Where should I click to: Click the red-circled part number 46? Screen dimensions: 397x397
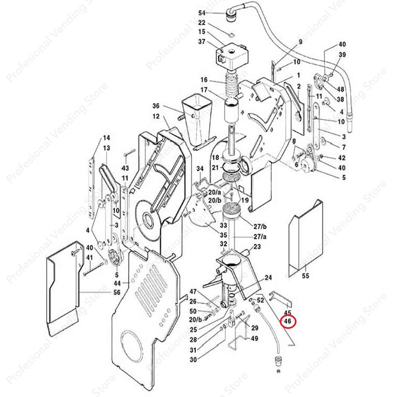tap(288, 321)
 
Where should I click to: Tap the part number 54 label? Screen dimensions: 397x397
tap(202, 13)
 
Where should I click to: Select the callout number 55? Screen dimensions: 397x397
tap(306, 276)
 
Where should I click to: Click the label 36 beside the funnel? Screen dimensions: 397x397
tap(156, 106)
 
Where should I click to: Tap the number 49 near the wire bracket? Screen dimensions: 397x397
tap(254, 339)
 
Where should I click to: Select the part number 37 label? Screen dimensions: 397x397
tap(202, 42)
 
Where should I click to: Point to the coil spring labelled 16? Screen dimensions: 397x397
tap(232, 88)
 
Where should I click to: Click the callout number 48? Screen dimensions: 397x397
tap(341, 89)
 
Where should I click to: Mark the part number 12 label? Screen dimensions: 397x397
tap(156, 116)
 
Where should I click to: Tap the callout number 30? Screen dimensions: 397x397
tap(193, 360)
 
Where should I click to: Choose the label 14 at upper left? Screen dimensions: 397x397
tap(106, 138)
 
